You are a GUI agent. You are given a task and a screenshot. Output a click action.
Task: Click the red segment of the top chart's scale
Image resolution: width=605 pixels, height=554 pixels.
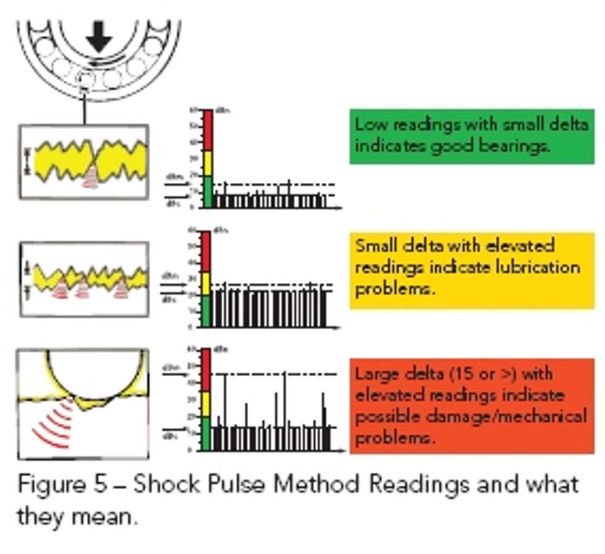(207, 129)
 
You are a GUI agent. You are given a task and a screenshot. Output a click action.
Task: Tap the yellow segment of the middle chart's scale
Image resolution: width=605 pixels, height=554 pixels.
(206, 283)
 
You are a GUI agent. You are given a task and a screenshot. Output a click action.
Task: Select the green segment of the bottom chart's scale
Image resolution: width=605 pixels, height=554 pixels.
(206, 433)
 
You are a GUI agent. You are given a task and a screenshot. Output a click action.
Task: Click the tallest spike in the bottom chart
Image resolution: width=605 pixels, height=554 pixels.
(284, 401)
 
